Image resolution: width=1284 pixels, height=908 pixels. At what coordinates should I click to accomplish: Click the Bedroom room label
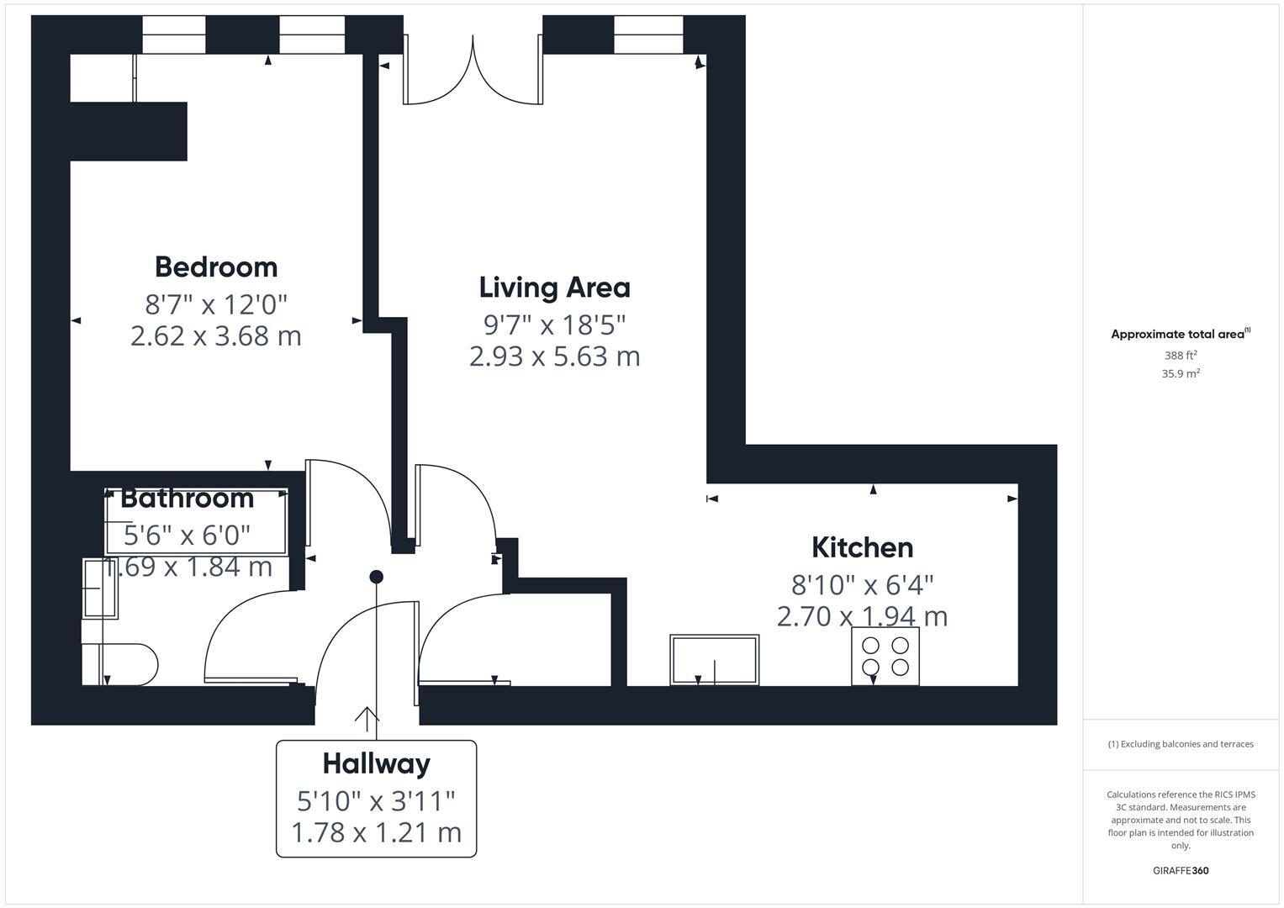pyautogui.click(x=216, y=267)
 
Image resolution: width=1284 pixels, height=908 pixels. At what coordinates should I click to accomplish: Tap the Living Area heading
pyautogui.click(x=554, y=288)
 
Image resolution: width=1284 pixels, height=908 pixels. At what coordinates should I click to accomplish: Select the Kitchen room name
pyautogui.click(x=862, y=547)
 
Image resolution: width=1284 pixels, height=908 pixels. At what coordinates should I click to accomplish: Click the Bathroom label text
pyautogui.click(x=187, y=498)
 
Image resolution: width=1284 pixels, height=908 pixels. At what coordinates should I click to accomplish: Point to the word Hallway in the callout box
pyautogui.click(x=376, y=763)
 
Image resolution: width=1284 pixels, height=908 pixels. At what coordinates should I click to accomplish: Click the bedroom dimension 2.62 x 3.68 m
pyautogui.click(x=216, y=336)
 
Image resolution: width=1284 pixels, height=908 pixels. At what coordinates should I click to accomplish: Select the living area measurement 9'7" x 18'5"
pyautogui.click(x=554, y=324)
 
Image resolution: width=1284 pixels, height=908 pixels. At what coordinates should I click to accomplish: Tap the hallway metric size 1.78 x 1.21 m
pyautogui.click(x=376, y=832)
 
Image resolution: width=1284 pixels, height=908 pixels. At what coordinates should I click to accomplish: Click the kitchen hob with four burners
pyautogui.click(x=885, y=657)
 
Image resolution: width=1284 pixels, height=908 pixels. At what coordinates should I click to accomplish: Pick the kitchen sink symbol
pyautogui.click(x=714, y=660)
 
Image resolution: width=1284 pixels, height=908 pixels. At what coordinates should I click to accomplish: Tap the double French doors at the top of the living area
pyautogui.click(x=473, y=71)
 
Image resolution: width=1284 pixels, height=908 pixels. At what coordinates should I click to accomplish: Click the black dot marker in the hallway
pyautogui.click(x=377, y=577)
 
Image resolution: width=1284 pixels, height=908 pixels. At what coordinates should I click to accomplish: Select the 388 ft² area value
pyautogui.click(x=1181, y=356)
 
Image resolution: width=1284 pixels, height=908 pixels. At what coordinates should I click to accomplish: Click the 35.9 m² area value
pyautogui.click(x=1181, y=374)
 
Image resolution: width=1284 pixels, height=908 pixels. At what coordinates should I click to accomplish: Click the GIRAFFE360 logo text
pyautogui.click(x=1180, y=870)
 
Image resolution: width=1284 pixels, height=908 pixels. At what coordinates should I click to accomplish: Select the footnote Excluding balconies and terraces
pyautogui.click(x=1180, y=744)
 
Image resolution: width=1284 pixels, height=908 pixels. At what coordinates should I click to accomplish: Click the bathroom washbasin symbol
pyautogui.click(x=100, y=589)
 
